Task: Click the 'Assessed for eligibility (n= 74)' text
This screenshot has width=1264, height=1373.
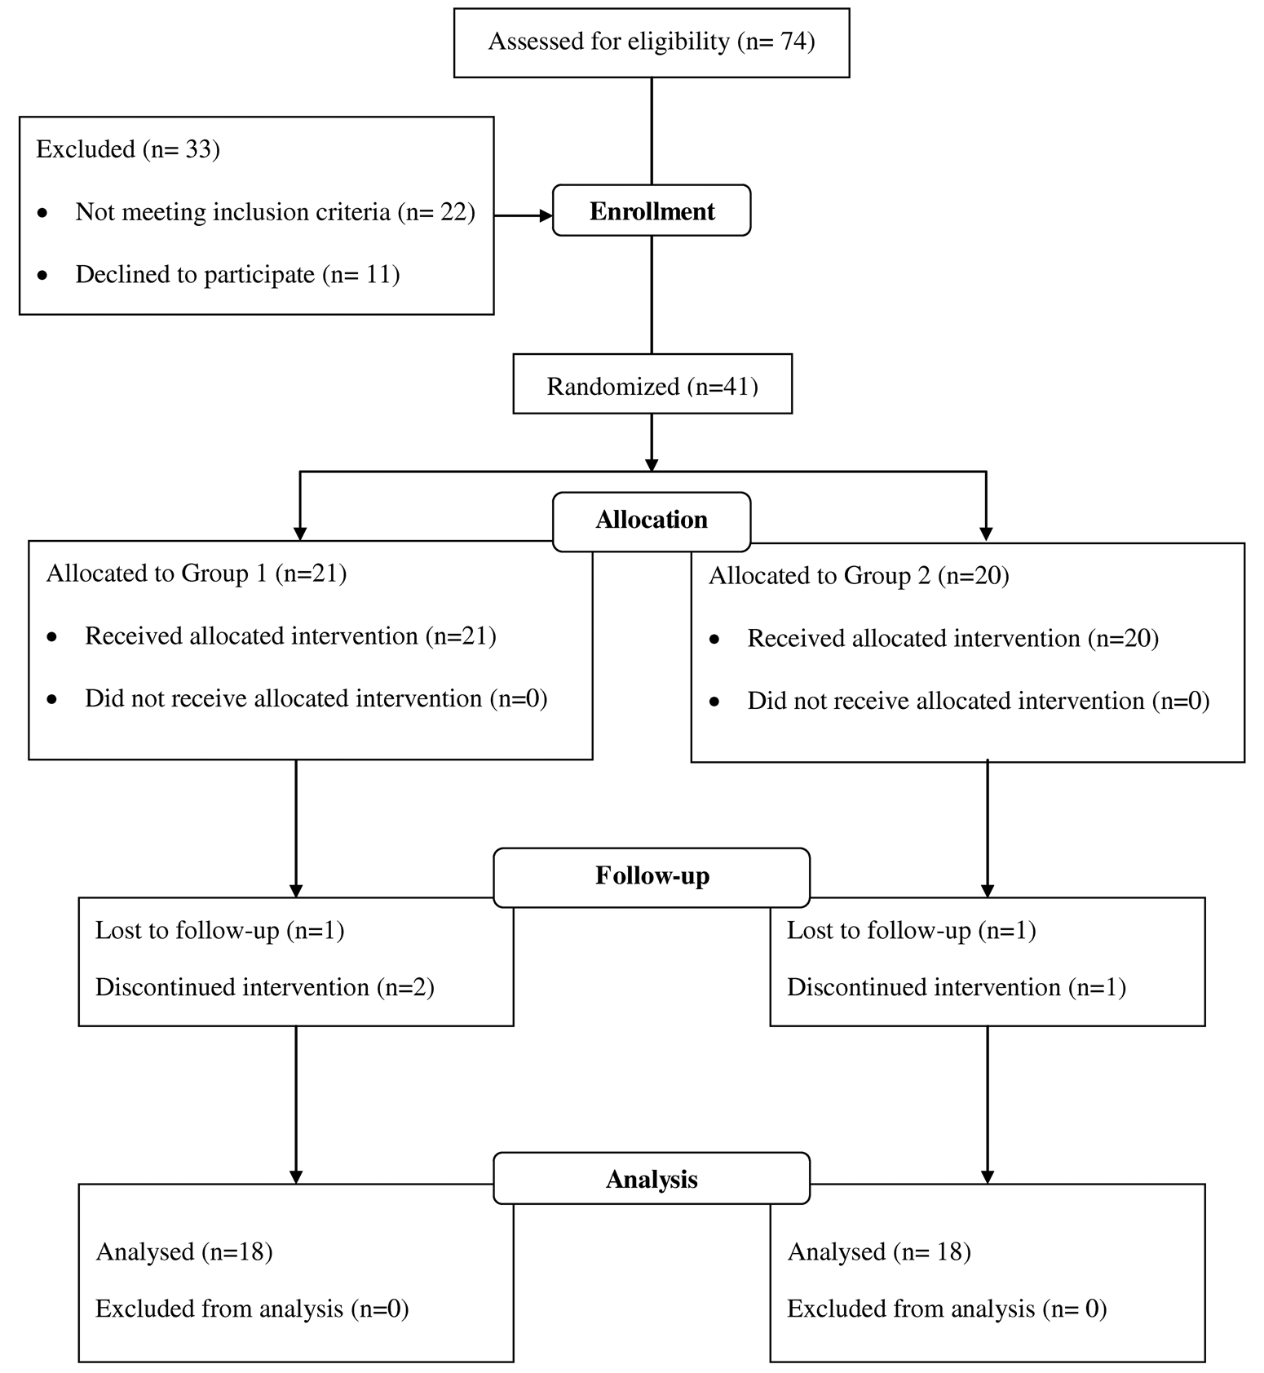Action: click(652, 42)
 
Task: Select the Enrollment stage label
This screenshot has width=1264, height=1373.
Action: click(652, 211)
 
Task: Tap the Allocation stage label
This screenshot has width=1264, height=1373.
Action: click(652, 520)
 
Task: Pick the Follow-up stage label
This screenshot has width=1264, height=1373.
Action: click(652, 876)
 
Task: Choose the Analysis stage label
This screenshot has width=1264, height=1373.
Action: click(652, 1179)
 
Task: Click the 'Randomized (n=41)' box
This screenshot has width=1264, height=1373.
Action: click(652, 384)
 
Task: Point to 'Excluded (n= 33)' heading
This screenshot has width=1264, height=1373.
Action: click(128, 149)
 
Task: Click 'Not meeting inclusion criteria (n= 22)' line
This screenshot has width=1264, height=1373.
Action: click(275, 212)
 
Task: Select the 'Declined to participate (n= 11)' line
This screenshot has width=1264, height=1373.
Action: click(237, 275)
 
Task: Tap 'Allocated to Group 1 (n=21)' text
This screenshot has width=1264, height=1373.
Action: click(197, 574)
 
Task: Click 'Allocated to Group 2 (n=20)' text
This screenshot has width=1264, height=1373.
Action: click(859, 576)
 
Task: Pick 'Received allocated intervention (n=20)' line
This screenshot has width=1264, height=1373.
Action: click(952, 638)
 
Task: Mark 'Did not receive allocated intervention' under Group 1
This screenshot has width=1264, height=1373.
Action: click(316, 699)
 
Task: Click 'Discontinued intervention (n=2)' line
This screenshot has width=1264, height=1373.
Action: click(265, 987)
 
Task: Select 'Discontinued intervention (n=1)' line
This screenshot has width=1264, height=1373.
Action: click(957, 987)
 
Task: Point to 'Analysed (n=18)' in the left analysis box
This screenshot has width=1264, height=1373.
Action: click(184, 1251)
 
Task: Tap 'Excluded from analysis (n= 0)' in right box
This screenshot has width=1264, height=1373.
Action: click(947, 1309)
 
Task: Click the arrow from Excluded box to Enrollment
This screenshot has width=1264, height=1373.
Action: click(524, 216)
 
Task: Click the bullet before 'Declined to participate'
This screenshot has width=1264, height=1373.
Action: click(43, 276)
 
